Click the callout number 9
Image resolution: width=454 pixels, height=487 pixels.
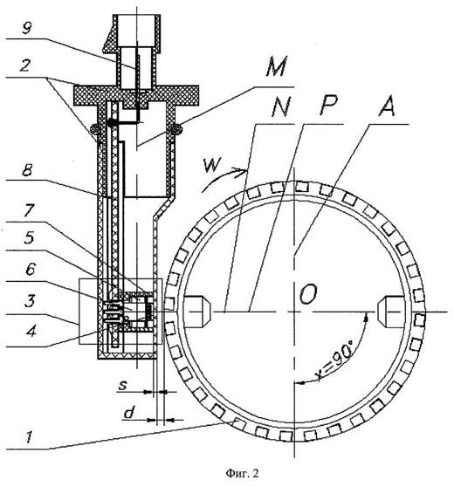27,28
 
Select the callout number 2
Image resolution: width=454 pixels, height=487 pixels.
25,65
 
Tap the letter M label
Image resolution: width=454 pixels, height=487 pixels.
277,65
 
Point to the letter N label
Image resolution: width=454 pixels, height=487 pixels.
280,106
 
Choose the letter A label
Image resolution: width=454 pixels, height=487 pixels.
387,106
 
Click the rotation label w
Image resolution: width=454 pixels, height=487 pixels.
213,164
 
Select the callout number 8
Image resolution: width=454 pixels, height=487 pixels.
27,170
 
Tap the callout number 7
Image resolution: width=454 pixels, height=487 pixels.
28,210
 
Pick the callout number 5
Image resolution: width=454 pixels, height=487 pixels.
29,237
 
